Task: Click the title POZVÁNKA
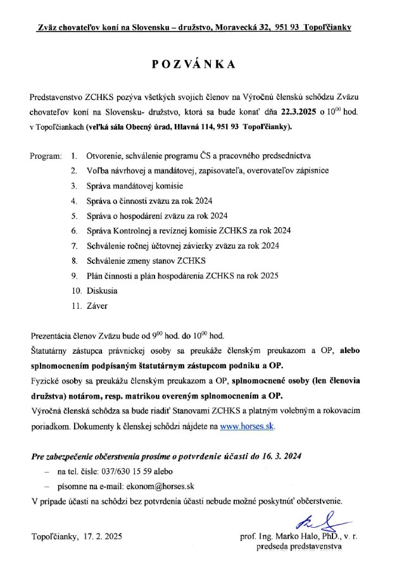(198, 65)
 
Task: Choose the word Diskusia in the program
(102, 292)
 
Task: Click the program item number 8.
(74, 261)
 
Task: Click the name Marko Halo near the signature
(298, 537)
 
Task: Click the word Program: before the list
(46, 155)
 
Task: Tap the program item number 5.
(74, 216)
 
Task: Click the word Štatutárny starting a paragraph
(51, 351)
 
